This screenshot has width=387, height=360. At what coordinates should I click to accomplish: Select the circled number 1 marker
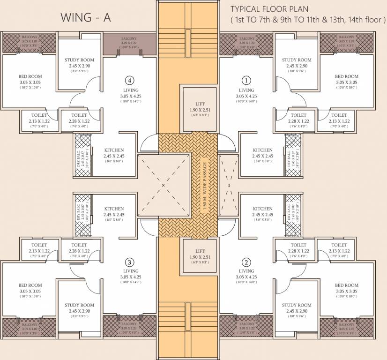tap(246, 80)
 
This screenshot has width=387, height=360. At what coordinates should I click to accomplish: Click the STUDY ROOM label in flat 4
tap(79, 60)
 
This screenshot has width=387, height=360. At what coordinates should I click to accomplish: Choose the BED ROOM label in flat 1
tap(346, 76)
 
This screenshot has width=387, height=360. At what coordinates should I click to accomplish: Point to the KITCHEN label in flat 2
tap(262, 209)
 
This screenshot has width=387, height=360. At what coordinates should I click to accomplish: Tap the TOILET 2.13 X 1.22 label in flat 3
tap(39, 245)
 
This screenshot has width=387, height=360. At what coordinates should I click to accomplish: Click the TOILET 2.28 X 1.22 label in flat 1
tap(298, 115)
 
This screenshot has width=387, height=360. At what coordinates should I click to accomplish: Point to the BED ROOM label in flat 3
tap(30, 285)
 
